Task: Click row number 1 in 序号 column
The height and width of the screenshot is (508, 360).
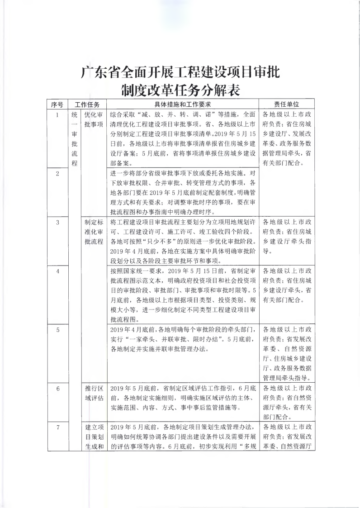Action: coord(57,115)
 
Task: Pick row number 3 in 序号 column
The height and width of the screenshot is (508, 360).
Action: coord(57,222)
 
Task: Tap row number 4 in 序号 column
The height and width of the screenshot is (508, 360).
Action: coord(57,271)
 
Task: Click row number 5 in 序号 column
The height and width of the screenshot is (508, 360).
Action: coord(57,330)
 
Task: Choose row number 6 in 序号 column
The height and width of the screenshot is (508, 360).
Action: coord(57,389)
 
